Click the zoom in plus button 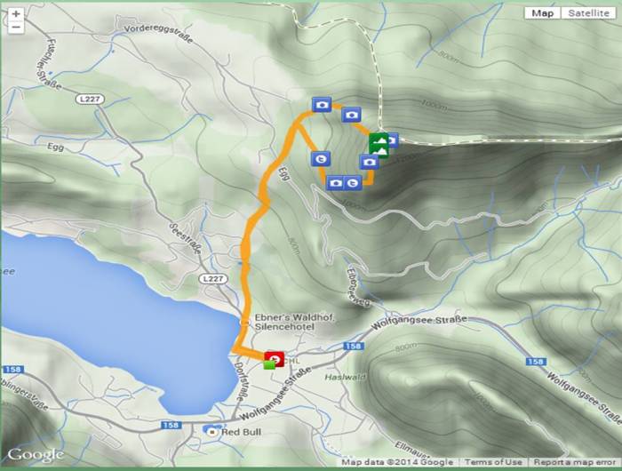tap(16, 14)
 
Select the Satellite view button tap(589, 13)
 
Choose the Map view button tap(542, 13)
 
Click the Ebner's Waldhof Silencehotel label tap(287, 321)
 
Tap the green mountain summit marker tap(379, 144)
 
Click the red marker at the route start tap(275, 358)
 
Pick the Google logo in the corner tap(36, 455)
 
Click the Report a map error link tap(576, 462)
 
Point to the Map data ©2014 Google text tap(397, 462)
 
